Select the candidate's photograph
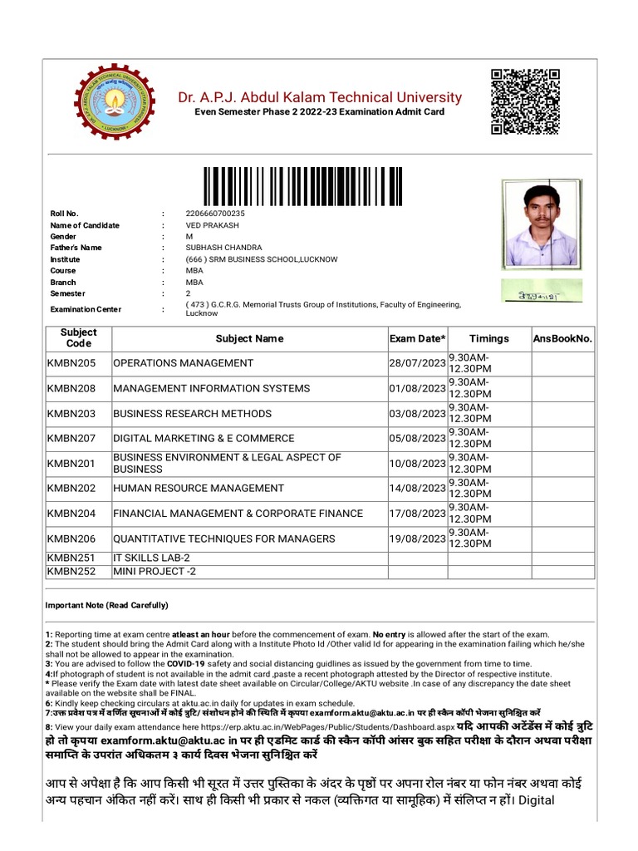point(541,224)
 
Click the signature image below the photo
point(541,290)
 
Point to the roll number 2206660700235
point(215,214)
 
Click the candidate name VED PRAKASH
point(213,225)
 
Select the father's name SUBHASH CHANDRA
point(223,248)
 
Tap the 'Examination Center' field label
point(86,309)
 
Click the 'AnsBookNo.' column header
point(562,338)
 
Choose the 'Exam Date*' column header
point(417,338)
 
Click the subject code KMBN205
point(71,363)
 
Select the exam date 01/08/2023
point(417,388)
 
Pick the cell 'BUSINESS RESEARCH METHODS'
point(192,413)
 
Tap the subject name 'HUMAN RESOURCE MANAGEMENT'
point(199,488)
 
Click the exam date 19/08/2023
point(417,539)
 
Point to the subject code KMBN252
point(71,572)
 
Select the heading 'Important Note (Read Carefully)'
point(106,605)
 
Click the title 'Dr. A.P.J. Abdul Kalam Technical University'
point(320,97)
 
